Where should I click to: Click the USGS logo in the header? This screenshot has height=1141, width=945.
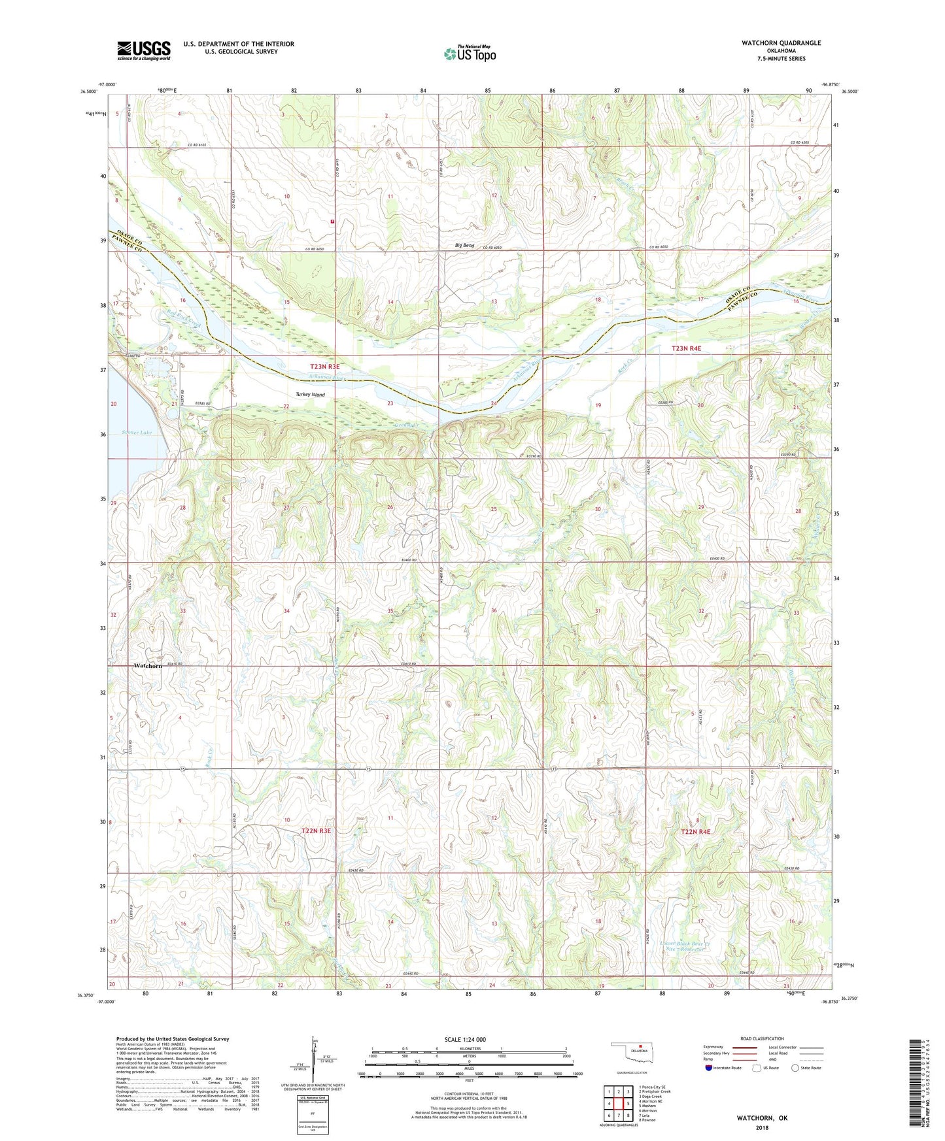click(143, 50)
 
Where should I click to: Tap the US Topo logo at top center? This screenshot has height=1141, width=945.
click(470, 54)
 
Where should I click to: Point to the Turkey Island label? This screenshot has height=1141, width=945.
click(310, 395)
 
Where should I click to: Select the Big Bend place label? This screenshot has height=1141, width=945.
click(464, 246)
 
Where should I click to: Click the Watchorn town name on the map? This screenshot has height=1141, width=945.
click(147, 665)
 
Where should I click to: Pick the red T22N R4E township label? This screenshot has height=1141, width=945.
click(695, 832)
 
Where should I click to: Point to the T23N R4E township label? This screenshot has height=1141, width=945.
click(686, 349)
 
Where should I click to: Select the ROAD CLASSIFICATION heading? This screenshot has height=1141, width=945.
click(762, 1038)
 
